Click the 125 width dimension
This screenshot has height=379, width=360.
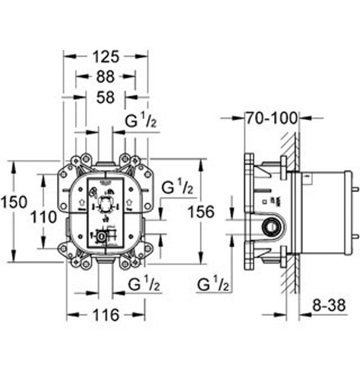(106, 57)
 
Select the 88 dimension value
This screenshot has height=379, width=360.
(106, 77)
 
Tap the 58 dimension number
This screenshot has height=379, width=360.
(106, 97)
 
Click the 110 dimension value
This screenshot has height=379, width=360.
(44, 217)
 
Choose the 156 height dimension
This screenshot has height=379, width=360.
(201, 211)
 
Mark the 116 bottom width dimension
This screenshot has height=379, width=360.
(106, 315)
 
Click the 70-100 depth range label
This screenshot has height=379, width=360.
(271, 118)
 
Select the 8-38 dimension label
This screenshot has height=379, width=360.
(329, 306)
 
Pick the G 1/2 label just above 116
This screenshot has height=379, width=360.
(144, 284)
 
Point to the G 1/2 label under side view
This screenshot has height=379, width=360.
(214, 284)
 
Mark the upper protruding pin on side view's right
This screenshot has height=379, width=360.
(355, 189)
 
